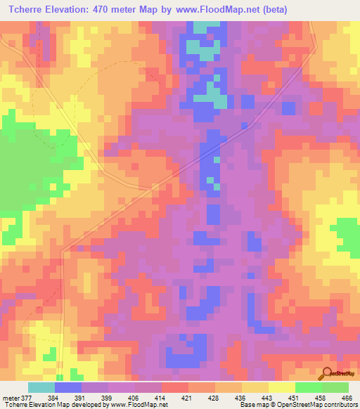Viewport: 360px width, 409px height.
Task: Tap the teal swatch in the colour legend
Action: point(41,387)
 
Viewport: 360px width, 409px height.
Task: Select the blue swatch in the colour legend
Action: point(68,387)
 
